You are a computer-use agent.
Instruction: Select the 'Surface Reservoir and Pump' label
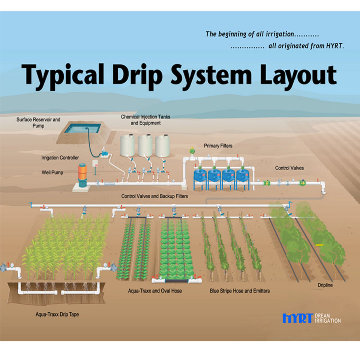38,123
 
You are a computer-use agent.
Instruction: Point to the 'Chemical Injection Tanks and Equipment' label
145,120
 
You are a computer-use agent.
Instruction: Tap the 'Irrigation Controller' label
60,158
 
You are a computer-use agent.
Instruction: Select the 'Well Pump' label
52,173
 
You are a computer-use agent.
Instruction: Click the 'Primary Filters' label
218,145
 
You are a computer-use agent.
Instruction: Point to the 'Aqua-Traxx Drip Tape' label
57,314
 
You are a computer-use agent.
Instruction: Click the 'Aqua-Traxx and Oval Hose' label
155,291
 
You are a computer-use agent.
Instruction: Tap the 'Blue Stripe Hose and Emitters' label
240,291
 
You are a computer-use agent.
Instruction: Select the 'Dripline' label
324,285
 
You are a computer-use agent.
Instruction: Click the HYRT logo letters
297,318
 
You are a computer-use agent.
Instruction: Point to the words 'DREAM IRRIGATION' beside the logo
328,318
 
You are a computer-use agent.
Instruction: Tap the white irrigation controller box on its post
95,163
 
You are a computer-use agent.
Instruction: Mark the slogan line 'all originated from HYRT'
287,46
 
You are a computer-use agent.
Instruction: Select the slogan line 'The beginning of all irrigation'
262,34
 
